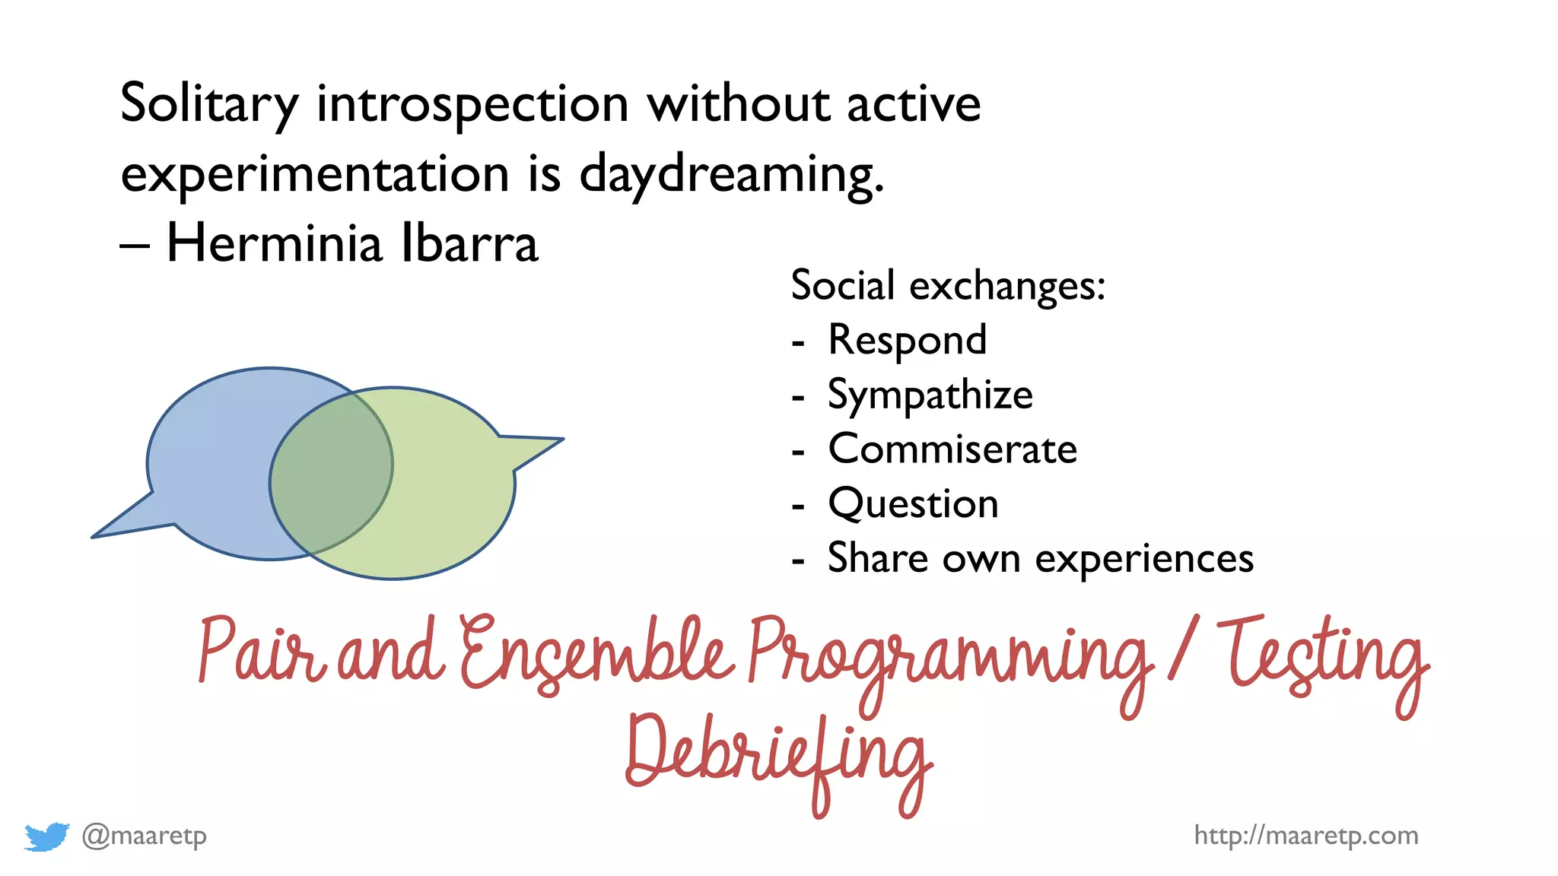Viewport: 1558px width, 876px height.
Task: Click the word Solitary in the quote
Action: click(x=209, y=104)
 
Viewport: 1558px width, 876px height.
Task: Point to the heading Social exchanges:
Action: click(x=947, y=286)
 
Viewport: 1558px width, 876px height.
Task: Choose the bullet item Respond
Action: click(x=907, y=340)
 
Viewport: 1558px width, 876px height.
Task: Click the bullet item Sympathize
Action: click(x=930, y=395)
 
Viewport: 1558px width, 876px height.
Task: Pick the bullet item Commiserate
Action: click(x=952, y=449)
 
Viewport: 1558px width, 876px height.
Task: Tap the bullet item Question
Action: click(x=913, y=504)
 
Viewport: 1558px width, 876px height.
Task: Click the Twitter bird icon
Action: click(x=46, y=836)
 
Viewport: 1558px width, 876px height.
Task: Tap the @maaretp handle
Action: click(x=144, y=836)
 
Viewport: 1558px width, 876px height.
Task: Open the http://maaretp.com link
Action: click(x=1305, y=836)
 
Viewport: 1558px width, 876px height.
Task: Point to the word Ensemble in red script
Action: click(x=597, y=654)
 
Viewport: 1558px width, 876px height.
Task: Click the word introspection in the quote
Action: click(x=472, y=104)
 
